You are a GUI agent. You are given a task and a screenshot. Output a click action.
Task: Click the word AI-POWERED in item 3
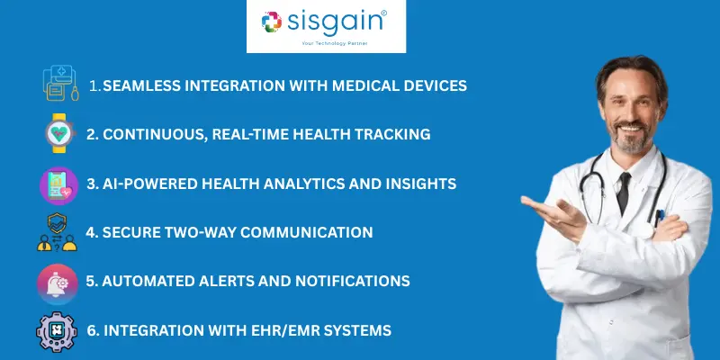(142, 184)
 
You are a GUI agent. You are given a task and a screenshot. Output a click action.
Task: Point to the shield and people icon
(57, 232)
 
